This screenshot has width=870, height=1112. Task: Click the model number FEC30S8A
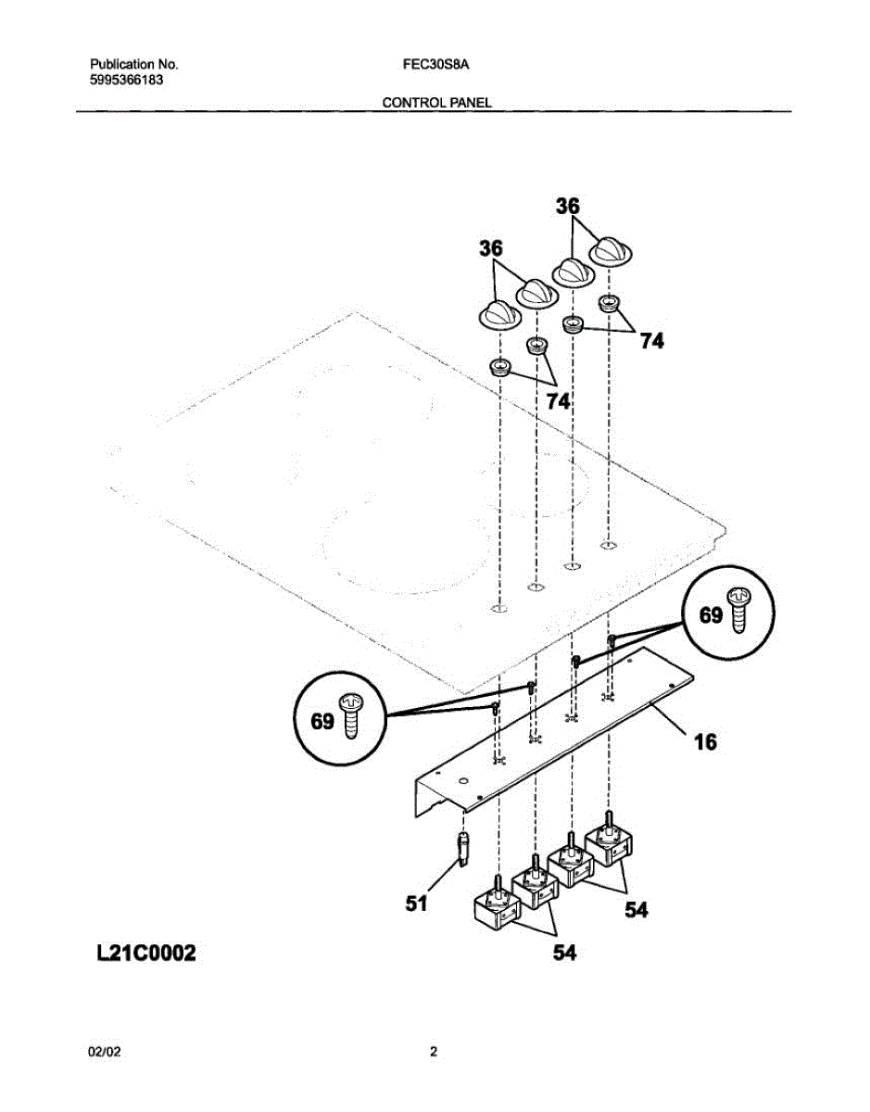click(435, 66)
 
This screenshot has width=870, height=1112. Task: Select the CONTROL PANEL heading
click(436, 103)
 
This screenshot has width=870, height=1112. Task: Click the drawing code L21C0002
click(145, 953)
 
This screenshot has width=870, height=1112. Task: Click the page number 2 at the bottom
click(434, 1052)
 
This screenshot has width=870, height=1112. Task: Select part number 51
click(416, 903)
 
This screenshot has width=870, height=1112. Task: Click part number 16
click(706, 742)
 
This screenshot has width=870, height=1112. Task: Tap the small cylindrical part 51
click(464, 847)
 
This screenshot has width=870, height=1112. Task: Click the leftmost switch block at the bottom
click(497, 905)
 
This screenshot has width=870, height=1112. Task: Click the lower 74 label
click(558, 401)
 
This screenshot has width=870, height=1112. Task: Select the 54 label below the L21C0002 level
click(564, 952)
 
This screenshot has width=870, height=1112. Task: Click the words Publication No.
click(133, 65)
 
